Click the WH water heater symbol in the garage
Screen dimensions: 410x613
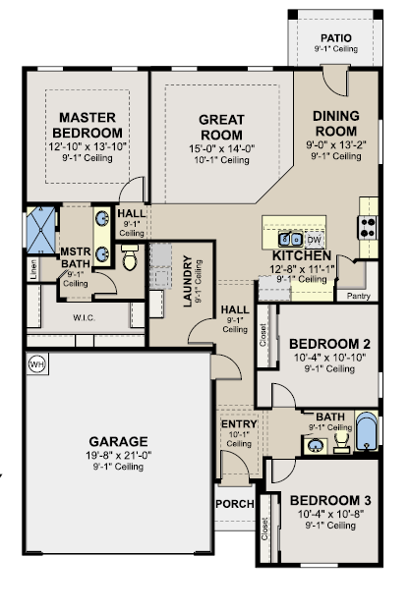click(x=37, y=364)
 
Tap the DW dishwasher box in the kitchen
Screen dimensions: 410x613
click(x=315, y=240)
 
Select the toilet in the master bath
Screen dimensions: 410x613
click(x=130, y=257)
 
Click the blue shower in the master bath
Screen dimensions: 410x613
click(x=40, y=230)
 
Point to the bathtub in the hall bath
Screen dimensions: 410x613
click(x=367, y=430)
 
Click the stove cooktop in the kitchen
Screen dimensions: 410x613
click(x=368, y=227)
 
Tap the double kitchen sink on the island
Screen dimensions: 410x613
click(x=290, y=239)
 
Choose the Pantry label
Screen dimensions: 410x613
click(x=358, y=296)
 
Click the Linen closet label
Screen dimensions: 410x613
click(x=33, y=269)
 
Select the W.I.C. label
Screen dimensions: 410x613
click(x=84, y=318)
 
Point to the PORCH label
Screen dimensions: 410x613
click(x=235, y=504)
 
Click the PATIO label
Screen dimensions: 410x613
click(x=336, y=38)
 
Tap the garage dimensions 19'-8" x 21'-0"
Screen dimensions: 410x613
click(x=119, y=455)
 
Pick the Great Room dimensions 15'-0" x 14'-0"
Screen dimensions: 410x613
click(x=222, y=148)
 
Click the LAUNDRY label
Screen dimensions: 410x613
click(x=188, y=281)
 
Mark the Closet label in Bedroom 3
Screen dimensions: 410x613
click(x=264, y=529)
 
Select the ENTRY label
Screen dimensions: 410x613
click(x=239, y=423)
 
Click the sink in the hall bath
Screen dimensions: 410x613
click(x=316, y=446)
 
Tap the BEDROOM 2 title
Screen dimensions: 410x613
click(x=329, y=344)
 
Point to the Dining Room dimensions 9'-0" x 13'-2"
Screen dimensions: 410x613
click(x=336, y=144)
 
